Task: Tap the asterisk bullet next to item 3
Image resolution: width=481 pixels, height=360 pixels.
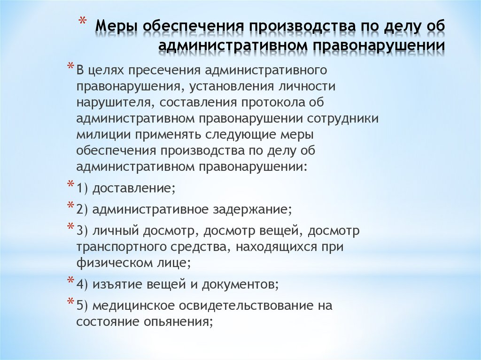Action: (x=70, y=227)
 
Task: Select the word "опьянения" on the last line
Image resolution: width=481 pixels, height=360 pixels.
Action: (x=180, y=322)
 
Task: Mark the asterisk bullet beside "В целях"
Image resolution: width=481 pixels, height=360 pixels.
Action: (x=70, y=66)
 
